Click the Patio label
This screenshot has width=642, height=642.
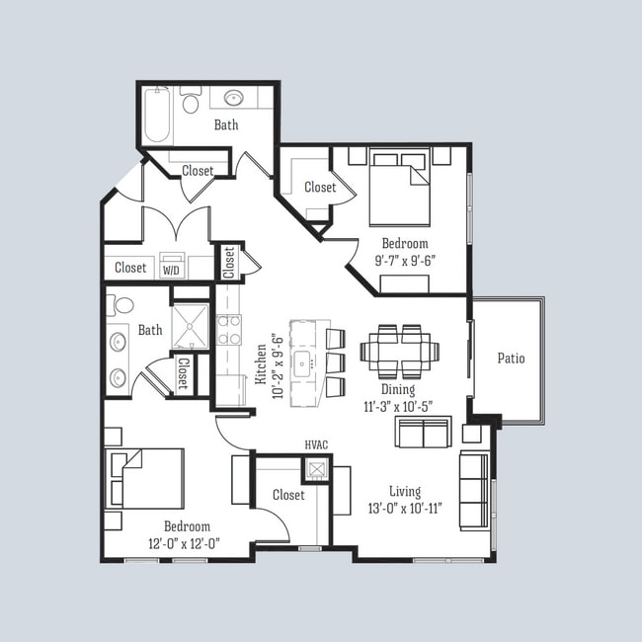click(x=511, y=359)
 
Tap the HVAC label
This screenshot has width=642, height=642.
click(x=316, y=446)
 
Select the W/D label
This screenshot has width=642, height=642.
click(x=171, y=268)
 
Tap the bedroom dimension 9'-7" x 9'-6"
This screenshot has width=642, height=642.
click(x=405, y=261)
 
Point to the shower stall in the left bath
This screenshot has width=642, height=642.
click(x=190, y=327)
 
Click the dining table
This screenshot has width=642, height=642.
click(x=399, y=351)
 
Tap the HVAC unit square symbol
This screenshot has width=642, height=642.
click(x=316, y=469)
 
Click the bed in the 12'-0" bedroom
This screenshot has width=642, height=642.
click(x=146, y=479)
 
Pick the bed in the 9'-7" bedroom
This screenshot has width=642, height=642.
click(x=400, y=187)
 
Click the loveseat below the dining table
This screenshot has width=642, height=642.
click(x=423, y=432)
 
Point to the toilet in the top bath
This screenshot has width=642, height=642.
click(x=191, y=100)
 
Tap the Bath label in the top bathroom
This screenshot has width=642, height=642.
click(x=226, y=125)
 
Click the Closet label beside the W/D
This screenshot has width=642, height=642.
click(x=130, y=268)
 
